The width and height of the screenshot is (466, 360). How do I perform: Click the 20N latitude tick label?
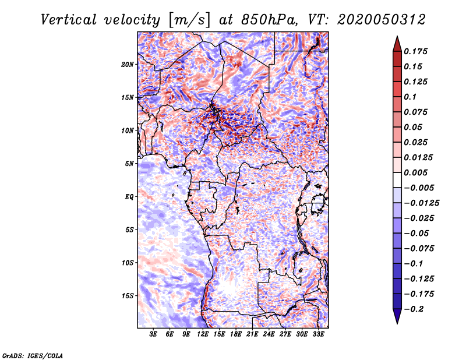coord(127,65)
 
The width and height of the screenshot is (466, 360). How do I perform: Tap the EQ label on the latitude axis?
coord(129,197)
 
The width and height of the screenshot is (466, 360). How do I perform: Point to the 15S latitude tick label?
coord(127,296)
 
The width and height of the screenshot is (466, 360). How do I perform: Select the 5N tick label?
coord(129,164)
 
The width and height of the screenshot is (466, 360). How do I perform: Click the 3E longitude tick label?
coord(153,334)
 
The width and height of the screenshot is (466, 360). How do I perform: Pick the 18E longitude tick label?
coord(236,334)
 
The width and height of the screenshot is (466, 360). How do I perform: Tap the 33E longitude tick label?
coord(318,334)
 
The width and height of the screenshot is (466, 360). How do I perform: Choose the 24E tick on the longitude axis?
coord(269,334)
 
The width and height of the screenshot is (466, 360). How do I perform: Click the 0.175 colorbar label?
coord(415,51)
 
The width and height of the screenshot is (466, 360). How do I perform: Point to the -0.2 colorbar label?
coord(414,309)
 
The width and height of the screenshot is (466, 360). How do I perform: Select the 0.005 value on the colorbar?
coord(415,172)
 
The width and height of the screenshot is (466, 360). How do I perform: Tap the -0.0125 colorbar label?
coord(421,203)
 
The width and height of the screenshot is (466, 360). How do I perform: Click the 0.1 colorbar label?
coord(410,97)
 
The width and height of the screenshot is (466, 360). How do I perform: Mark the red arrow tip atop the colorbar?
coord(397,36)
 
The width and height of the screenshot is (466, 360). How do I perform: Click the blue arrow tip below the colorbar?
coord(397,323)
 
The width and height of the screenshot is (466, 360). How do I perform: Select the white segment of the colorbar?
coord(397,180)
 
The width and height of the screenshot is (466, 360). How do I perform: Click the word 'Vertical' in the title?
coord(68,20)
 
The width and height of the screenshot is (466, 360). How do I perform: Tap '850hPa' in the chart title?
coord(269,20)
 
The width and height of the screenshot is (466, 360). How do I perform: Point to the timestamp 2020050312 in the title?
coord(382,20)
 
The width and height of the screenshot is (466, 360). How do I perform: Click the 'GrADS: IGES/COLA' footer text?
coord(33,355)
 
